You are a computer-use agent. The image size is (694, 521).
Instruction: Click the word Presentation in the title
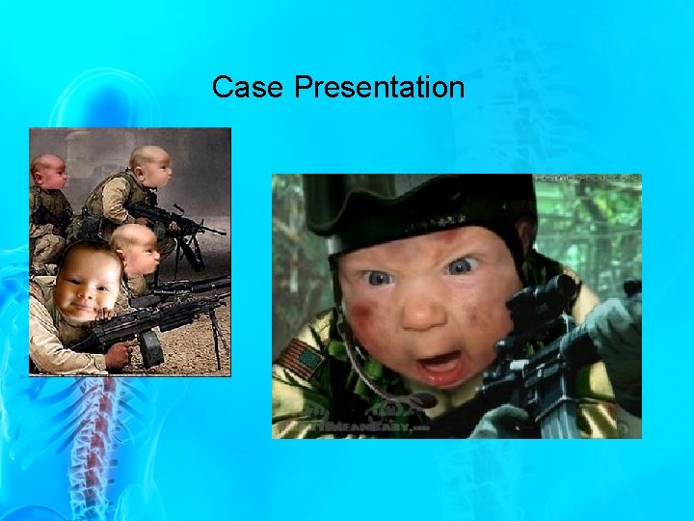[380, 88]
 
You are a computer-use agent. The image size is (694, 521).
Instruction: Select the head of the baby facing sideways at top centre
[151, 168]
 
